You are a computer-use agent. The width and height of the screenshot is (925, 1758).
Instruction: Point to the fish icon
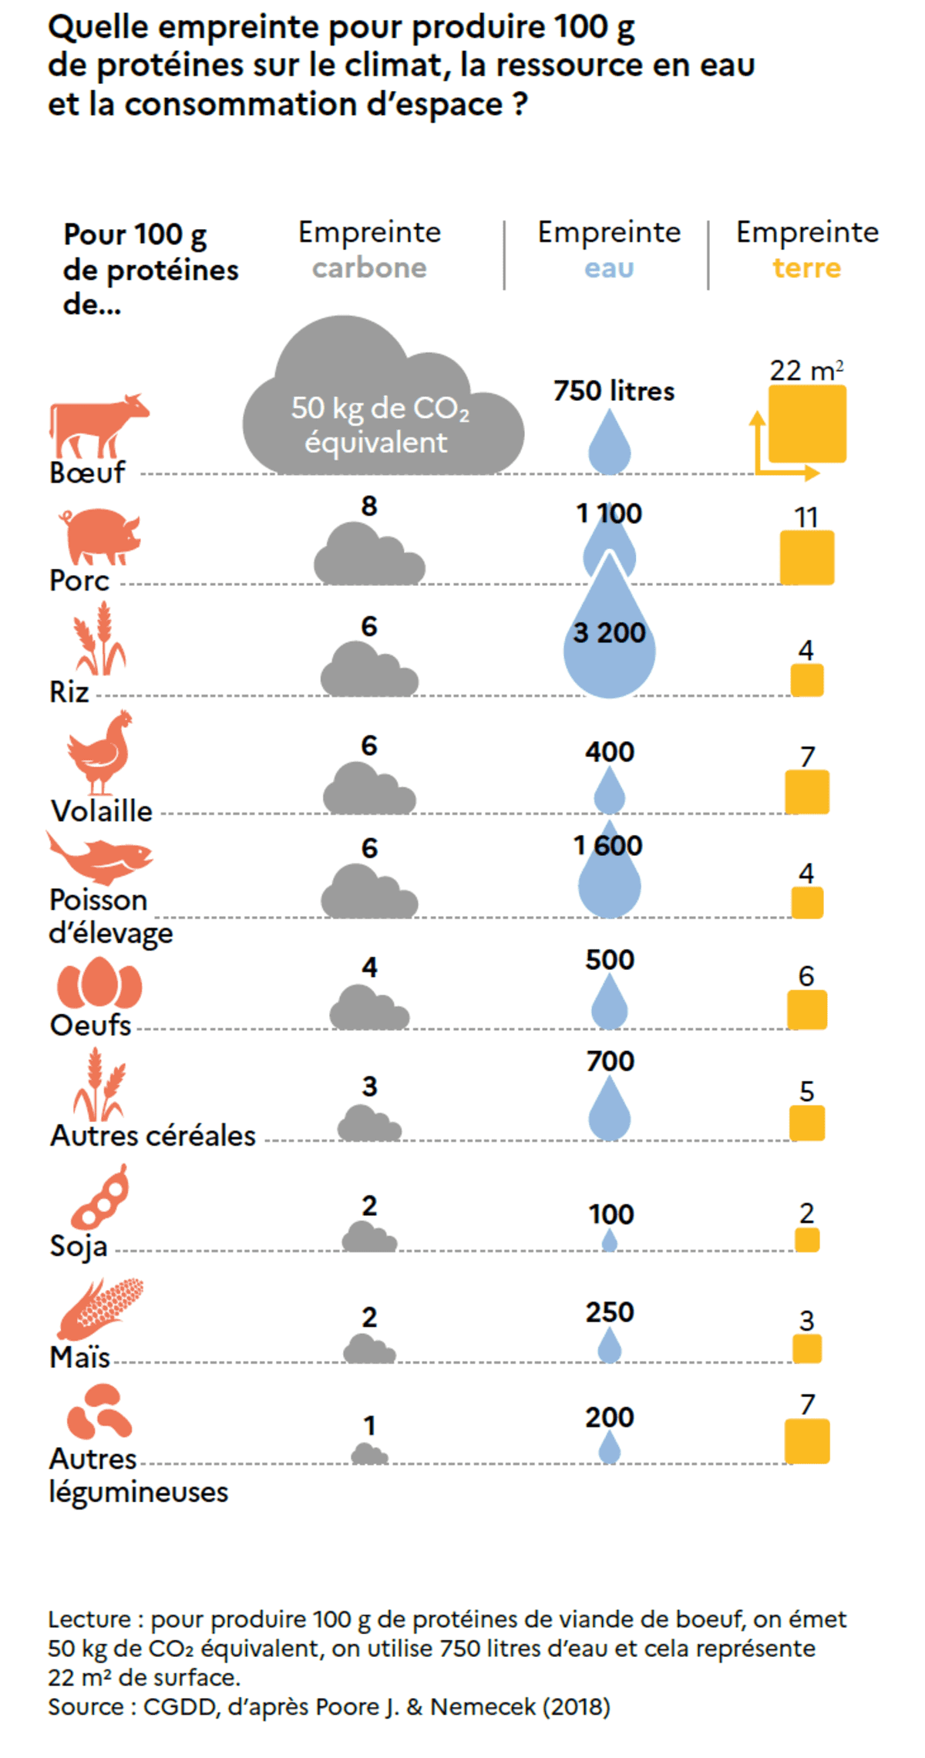[x=100, y=857]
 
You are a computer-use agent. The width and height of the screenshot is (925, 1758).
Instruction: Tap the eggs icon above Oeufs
[x=99, y=983]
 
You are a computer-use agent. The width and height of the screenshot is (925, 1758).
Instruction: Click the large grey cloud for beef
[x=383, y=409]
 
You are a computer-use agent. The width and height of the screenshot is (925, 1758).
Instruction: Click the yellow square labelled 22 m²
[x=807, y=424]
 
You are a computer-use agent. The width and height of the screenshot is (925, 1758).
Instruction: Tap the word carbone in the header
[x=369, y=268]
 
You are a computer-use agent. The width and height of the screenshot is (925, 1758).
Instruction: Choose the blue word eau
[x=609, y=268]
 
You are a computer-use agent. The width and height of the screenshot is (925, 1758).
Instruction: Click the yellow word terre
[x=807, y=268]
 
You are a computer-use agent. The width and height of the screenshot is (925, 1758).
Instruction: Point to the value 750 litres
[x=614, y=391]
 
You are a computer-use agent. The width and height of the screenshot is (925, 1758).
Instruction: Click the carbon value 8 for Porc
[x=369, y=506]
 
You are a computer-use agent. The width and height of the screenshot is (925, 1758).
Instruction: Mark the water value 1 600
[x=608, y=846]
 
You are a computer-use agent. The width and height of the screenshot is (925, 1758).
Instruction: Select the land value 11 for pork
[x=806, y=517]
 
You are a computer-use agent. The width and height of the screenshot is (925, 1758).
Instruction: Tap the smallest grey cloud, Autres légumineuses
[x=369, y=1454]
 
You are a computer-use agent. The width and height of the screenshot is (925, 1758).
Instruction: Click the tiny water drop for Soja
[x=609, y=1241]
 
